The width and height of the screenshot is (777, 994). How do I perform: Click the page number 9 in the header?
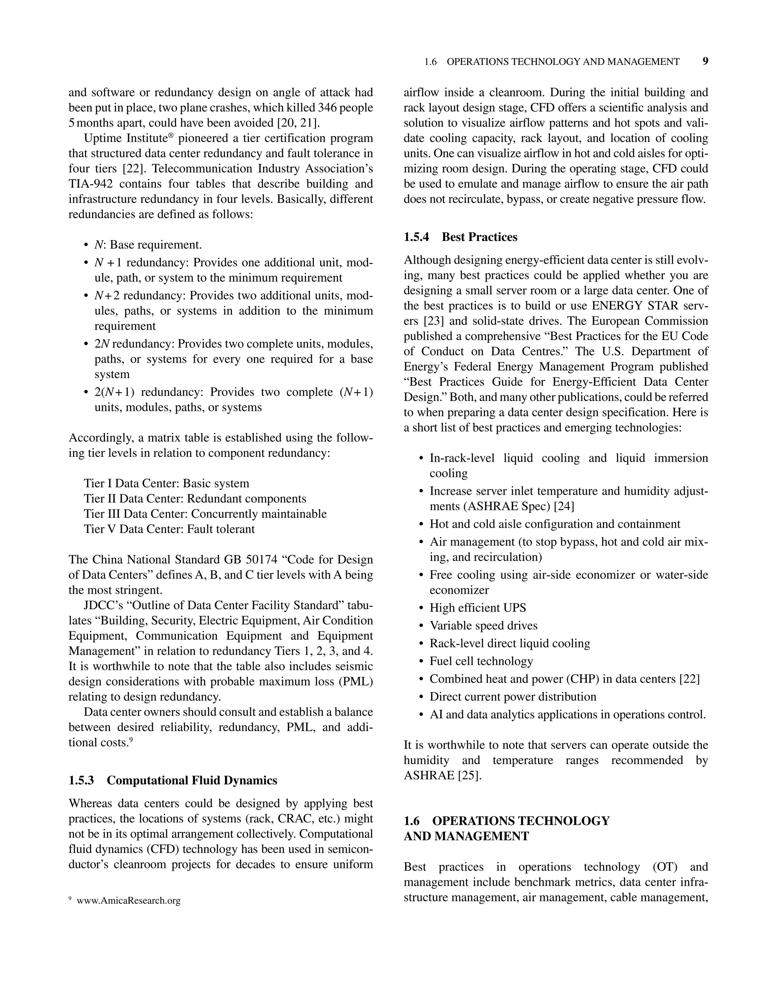point(705,61)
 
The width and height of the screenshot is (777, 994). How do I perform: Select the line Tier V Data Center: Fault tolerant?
point(169,529)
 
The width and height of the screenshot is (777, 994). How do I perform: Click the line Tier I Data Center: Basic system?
point(166,483)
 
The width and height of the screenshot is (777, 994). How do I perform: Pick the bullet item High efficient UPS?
point(478,608)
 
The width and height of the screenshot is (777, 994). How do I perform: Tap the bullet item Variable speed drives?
point(483,625)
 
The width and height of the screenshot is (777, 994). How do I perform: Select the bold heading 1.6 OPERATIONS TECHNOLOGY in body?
point(506,821)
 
